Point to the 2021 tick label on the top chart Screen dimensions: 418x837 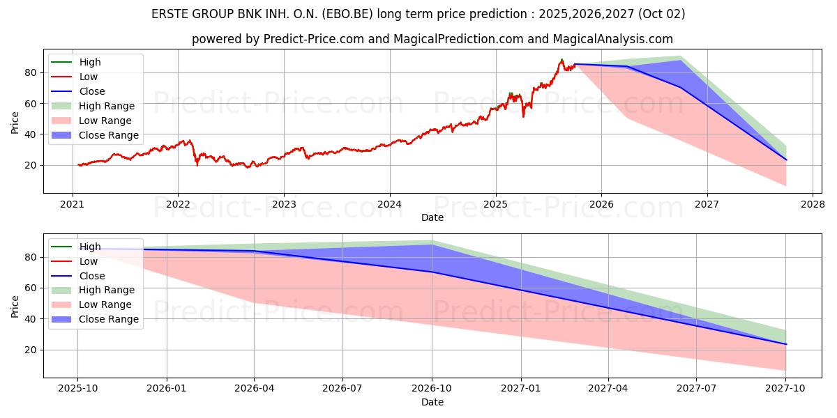click(x=73, y=204)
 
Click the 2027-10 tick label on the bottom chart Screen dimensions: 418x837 click(x=786, y=389)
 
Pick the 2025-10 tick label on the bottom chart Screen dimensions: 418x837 click(x=77, y=389)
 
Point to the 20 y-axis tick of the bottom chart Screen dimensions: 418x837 click(x=31, y=350)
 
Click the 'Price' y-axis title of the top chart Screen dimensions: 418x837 click(x=15, y=122)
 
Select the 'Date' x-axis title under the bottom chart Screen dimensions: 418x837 click(x=432, y=402)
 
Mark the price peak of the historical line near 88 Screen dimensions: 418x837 click(x=561, y=60)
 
